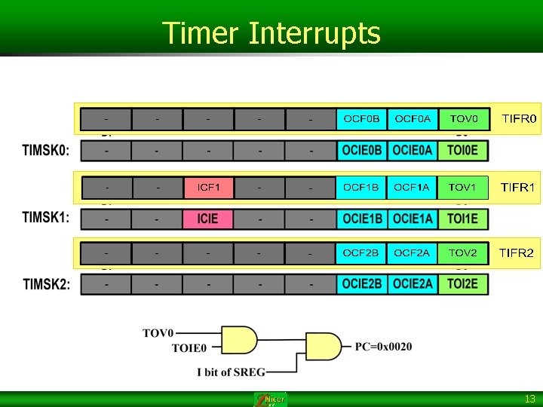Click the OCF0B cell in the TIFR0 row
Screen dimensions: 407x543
click(x=361, y=119)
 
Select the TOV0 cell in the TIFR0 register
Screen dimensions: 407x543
click(x=463, y=119)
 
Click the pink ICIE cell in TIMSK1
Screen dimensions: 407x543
click(x=208, y=219)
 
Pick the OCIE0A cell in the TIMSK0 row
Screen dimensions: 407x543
click(x=413, y=151)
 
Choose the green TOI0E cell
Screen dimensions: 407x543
click(x=463, y=151)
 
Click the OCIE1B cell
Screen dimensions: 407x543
click(x=362, y=219)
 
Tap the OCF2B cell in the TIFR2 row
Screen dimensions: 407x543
click(x=361, y=253)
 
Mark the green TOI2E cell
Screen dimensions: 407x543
click(x=463, y=284)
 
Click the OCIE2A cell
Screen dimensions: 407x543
click(x=413, y=284)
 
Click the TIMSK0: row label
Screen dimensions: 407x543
click(x=46, y=151)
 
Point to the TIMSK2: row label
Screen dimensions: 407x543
click(x=46, y=285)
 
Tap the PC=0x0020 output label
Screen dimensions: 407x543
click(x=384, y=347)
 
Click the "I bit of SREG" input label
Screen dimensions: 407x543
click(x=231, y=372)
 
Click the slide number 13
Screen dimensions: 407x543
click(x=530, y=398)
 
